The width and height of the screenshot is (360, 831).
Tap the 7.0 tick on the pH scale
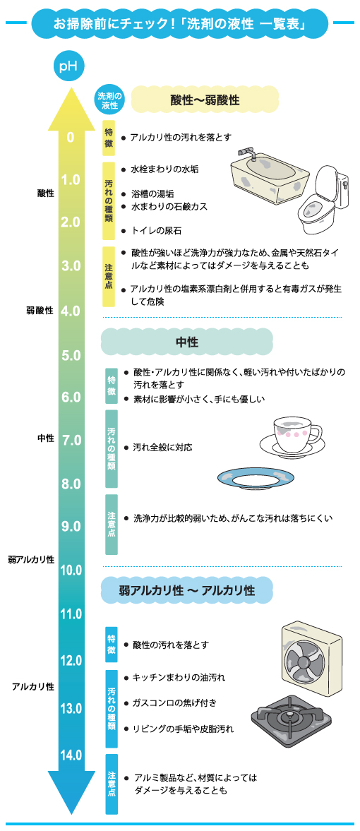71,440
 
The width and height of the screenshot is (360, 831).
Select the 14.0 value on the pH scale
71,755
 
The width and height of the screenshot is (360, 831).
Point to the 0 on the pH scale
71,137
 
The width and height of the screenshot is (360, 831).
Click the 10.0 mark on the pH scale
71,570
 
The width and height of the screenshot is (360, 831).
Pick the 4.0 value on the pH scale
71,311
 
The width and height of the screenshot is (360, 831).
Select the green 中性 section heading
186,342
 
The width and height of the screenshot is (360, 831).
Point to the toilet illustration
323,200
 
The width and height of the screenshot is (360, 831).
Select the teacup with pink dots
291,438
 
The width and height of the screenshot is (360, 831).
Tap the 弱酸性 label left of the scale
40,311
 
